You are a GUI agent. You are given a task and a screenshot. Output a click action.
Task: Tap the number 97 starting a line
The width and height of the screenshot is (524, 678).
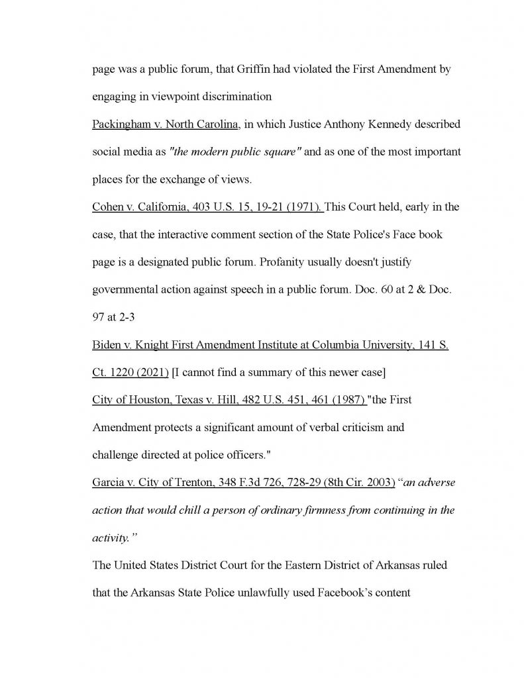[x=99, y=317]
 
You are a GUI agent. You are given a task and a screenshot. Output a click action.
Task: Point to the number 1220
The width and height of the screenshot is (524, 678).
[x=126, y=372]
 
